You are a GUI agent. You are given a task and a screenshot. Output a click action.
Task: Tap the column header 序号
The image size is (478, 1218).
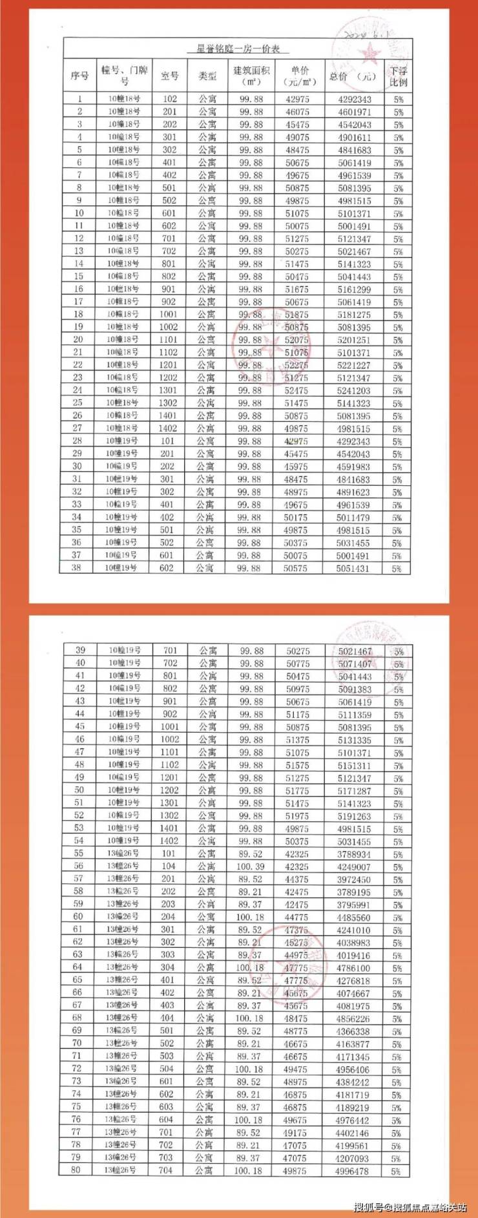(79, 76)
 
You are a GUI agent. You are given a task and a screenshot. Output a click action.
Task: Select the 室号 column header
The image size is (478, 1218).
(169, 76)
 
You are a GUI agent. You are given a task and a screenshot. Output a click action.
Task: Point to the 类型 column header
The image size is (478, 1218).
(207, 76)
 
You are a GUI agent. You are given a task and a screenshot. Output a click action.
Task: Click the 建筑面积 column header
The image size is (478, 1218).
(251, 76)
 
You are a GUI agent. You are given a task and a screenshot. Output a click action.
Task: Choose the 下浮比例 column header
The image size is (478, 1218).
(399, 76)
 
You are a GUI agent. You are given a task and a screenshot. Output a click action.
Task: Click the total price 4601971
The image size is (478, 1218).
(355, 112)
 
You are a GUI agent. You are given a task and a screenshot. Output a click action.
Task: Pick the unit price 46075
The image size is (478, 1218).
(297, 112)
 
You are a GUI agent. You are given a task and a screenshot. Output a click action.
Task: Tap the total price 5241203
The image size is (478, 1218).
(353, 390)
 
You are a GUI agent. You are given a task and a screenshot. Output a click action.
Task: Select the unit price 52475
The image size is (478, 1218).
(296, 390)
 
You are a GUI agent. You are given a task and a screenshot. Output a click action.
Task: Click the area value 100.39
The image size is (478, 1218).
(251, 866)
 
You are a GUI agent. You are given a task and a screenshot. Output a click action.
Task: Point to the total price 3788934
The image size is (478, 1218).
(353, 854)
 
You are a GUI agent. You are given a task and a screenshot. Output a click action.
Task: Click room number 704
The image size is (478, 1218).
(166, 1170)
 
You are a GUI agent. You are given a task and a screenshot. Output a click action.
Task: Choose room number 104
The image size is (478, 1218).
(169, 866)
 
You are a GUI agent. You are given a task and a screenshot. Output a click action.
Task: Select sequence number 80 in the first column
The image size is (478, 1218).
(76, 1170)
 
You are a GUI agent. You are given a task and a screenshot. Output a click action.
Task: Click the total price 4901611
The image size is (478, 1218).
(355, 137)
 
